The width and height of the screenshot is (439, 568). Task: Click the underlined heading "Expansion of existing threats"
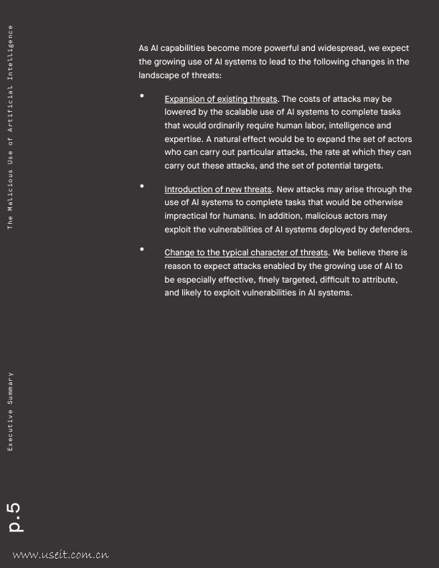coord(220,99)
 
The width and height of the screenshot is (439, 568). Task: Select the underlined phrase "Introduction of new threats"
coord(218,189)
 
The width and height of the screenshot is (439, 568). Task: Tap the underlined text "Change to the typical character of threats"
coord(246,252)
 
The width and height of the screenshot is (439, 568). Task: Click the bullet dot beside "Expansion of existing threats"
coord(142,95)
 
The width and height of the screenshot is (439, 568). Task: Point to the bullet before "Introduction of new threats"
coord(142,186)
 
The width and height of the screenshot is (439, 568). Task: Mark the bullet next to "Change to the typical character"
coord(142,249)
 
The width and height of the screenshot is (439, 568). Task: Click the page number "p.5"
coord(14,517)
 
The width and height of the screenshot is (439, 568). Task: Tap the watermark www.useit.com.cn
coord(60,554)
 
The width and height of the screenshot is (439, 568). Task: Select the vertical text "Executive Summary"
coord(10,411)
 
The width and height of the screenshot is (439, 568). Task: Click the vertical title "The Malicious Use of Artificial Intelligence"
coord(10,127)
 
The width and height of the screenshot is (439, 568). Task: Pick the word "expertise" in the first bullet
coord(183,139)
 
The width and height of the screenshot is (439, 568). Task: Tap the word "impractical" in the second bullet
coord(186,216)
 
